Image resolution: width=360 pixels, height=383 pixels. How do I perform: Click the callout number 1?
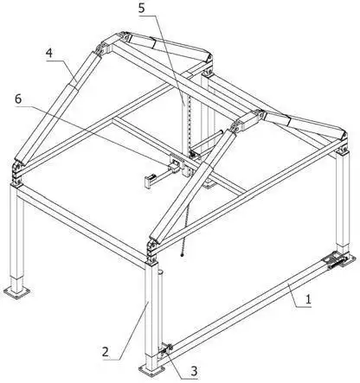point(308,299)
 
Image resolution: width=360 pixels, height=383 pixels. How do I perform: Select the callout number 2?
point(106,352)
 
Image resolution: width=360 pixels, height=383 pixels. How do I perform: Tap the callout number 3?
point(194,371)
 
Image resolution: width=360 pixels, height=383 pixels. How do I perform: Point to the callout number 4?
point(49,53)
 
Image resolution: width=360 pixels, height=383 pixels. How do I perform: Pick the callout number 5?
point(141,8)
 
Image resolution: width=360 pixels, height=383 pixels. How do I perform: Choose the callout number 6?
point(18,99)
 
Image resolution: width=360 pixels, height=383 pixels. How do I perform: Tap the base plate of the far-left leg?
point(17,292)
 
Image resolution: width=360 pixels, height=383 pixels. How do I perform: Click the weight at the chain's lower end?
point(182,255)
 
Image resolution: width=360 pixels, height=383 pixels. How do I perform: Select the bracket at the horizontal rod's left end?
point(149,182)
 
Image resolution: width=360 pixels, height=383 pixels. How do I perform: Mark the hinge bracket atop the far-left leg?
point(17,173)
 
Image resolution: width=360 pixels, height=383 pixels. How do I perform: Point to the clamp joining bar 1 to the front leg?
point(165,350)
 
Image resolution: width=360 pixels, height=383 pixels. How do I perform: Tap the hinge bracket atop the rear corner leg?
point(208,67)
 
